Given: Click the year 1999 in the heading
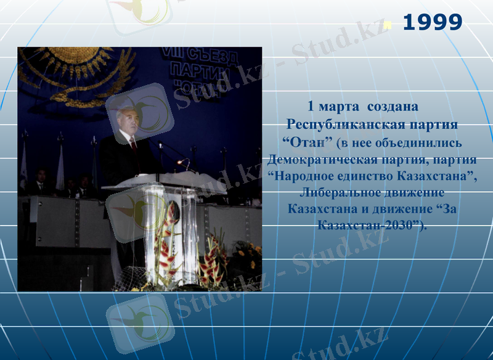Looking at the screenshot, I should pos(432,23).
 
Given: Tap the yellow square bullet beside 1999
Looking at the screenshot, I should pos(388,25).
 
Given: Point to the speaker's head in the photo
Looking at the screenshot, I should pos(126,120).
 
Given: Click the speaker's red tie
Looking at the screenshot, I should pos(133,145).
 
